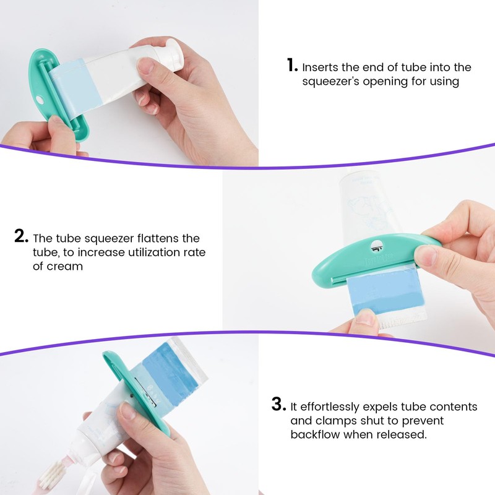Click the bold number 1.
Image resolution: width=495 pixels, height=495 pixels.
291,64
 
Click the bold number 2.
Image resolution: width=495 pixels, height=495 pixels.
21,236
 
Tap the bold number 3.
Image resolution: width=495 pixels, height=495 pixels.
278,405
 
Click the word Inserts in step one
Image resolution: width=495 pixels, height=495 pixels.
322,67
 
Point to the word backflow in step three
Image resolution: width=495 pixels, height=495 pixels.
315,435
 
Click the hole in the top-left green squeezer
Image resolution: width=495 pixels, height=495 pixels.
40,100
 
